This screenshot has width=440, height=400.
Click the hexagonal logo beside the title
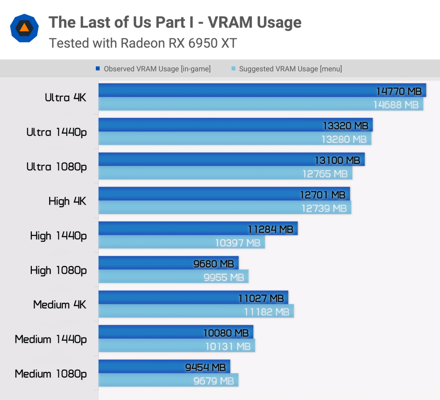(x=24, y=28)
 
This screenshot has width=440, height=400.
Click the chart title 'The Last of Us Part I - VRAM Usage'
(x=175, y=22)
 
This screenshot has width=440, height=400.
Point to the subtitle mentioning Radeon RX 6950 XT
(x=143, y=43)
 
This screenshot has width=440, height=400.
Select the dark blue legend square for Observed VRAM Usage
(x=98, y=69)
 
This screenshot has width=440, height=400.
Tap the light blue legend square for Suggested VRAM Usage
(x=233, y=69)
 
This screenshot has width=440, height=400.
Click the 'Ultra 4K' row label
(x=66, y=97)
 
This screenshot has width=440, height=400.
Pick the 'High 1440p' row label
(x=58, y=236)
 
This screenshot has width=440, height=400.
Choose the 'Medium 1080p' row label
(x=51, y=374)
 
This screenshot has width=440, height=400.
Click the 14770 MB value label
(x=399, y=91)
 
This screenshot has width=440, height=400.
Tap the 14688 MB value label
(x=396, y=105)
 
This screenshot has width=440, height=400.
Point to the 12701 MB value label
(x=323, y=195)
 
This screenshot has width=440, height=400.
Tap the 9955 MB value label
(x=224, y=277)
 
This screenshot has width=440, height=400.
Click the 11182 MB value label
(x=267, y=312)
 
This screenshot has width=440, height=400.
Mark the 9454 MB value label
(x=205, y=367)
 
